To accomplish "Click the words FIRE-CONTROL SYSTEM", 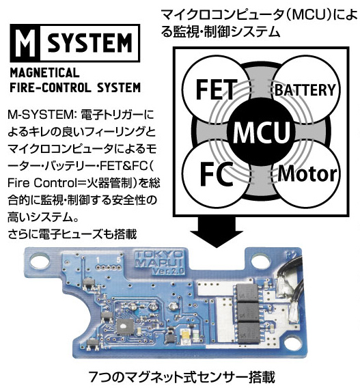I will coord(75,87).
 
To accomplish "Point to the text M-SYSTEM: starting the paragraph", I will coord(33,113).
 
